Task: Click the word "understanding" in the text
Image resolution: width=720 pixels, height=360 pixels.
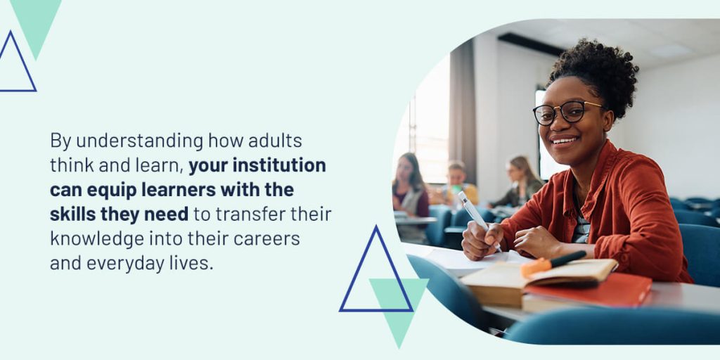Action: click(140, 141)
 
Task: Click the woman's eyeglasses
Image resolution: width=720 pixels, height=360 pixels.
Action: click(567, 112)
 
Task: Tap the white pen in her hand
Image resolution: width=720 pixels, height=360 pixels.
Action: click(478, 220)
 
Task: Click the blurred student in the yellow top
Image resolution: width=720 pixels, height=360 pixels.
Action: click(457, 184)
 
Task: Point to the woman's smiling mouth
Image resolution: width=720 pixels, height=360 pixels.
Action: click(565, 141)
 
